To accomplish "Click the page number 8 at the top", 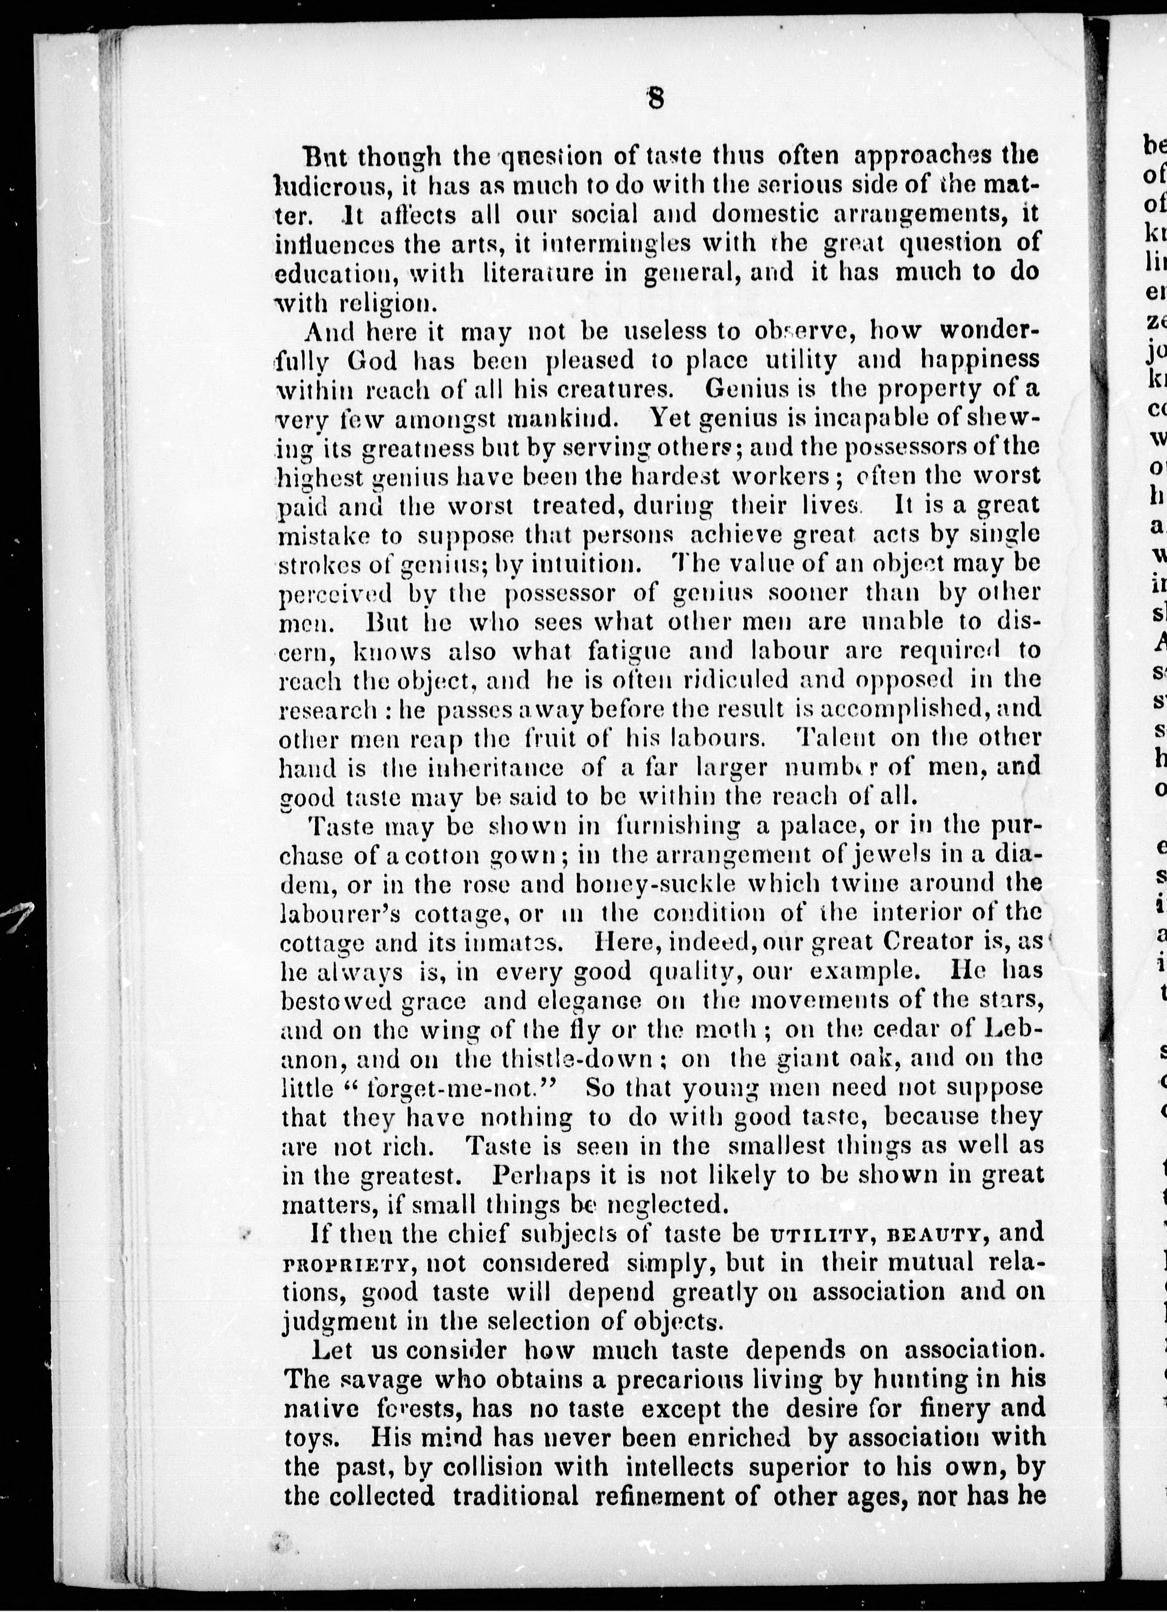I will coord(654,99).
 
